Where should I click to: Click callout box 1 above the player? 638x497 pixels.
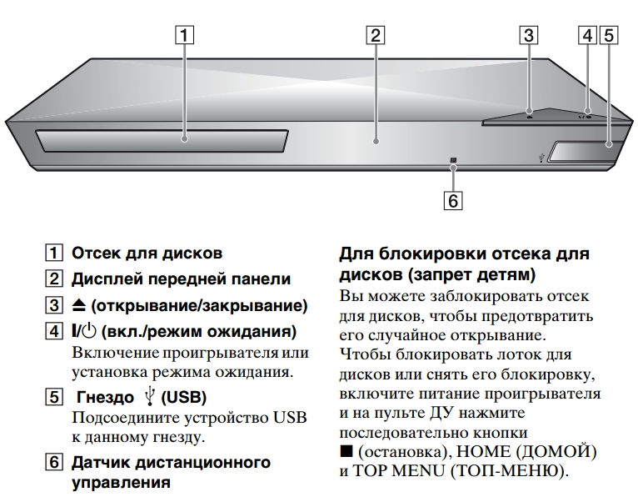click(x=184, y=35)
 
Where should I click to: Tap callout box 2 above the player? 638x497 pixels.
click(x=375, y=35)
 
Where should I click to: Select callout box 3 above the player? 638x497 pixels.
click(x=529, y=35)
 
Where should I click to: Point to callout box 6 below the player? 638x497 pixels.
click(x=453, y=201)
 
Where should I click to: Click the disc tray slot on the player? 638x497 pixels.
click(x=162, y=141)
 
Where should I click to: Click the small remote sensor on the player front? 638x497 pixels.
click(x=453, y=160)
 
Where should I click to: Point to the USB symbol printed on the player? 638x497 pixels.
click(x=541, y=158)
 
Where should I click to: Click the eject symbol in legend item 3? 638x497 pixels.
click(x=78, y=305)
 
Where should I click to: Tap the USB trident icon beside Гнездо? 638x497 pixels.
click(x=150, y=396)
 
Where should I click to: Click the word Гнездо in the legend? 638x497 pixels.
click(x=105, y=397)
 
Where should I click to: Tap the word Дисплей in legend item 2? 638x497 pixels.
click(x=107, y=279)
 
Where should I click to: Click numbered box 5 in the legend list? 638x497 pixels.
click(x=53, y=397)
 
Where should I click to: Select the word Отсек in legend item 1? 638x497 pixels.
click(x=95, y=254)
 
